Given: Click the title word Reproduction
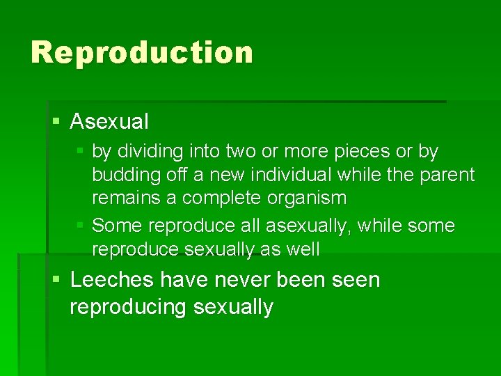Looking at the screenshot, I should [x=142, y=53].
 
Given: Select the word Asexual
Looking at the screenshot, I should [x=109, y=122].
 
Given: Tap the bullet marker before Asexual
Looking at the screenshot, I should [x=56, y=122].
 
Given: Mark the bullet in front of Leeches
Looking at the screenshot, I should [x=56, y=280].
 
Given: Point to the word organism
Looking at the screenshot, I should [x=307, y=198].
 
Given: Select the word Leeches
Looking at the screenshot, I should [x=112, y=280].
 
